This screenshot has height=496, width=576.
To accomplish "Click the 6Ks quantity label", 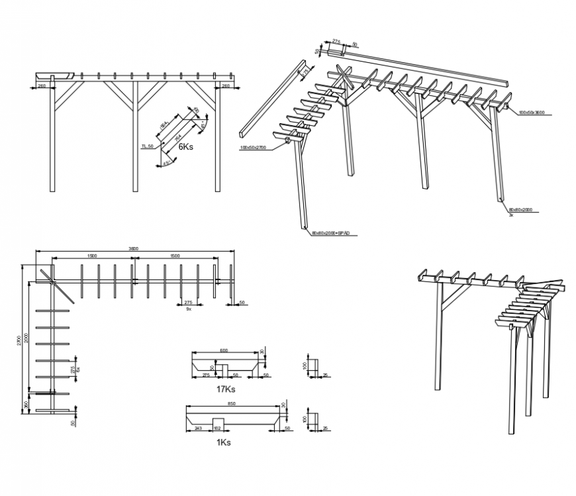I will click(185, 148).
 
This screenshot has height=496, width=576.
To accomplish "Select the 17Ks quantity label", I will click(226, 389).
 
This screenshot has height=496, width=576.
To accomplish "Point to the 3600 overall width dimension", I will click(133, 248).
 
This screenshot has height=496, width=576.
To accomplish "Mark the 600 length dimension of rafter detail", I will click(224, 350).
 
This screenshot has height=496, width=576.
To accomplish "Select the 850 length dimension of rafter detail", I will click(231, 404).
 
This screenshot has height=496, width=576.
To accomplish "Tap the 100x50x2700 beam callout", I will click(252, 148).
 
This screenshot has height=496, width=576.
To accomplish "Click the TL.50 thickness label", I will click(147, 146).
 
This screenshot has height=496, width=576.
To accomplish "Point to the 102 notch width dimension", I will click(217, 428).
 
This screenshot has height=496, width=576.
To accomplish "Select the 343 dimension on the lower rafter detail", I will click(198, 428).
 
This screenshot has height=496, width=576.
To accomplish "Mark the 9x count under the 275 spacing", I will click(189, 309).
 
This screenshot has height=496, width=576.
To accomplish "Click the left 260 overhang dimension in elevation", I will click(41, 85).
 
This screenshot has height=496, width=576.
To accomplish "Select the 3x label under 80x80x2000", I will click(510, 215).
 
